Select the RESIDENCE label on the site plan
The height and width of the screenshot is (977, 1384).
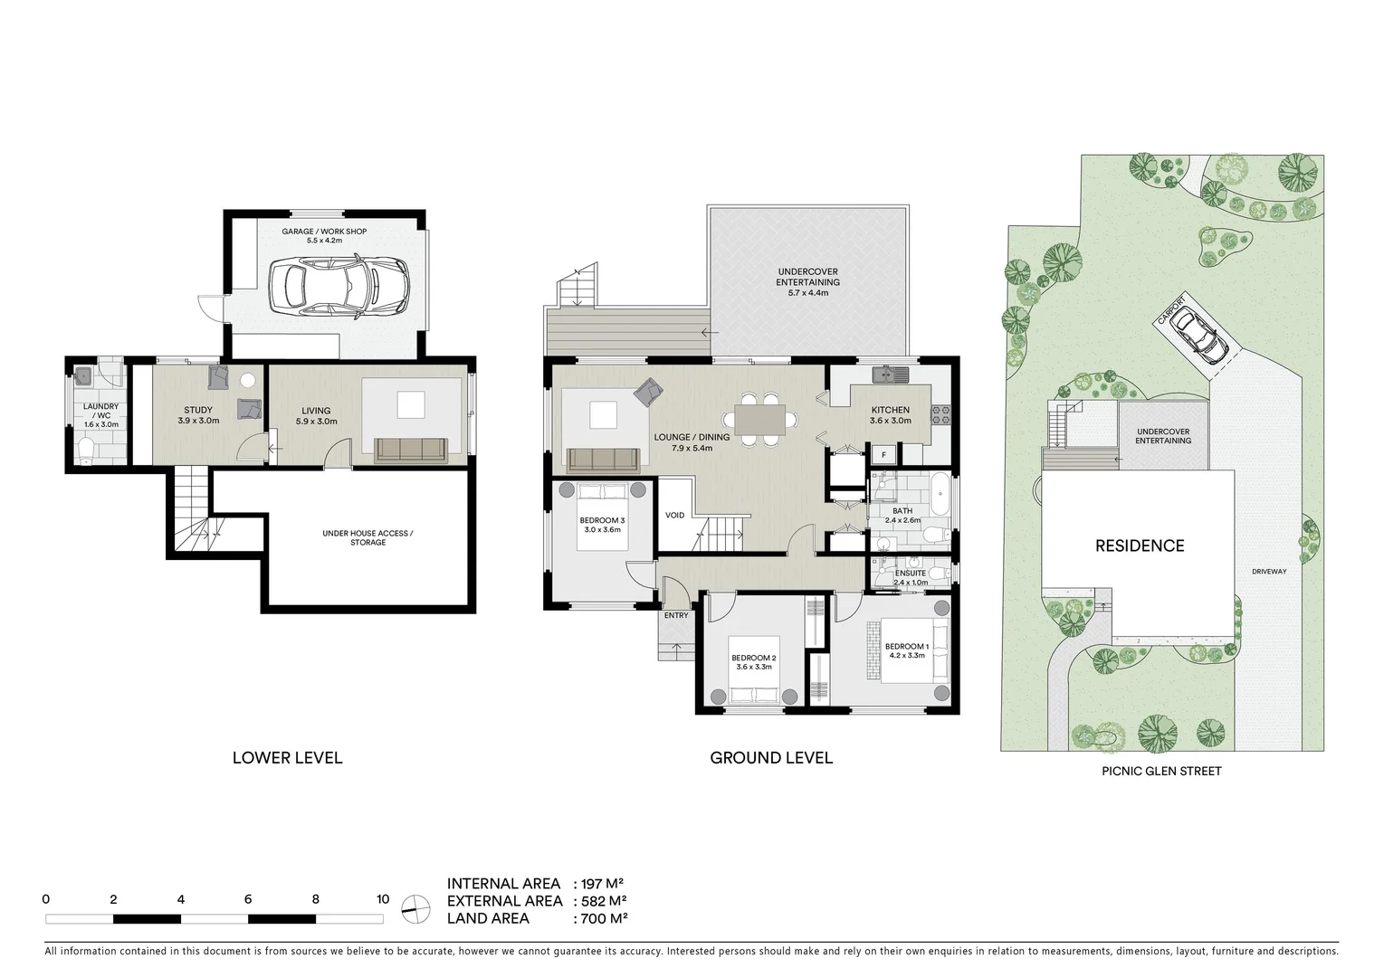click(1139, 545)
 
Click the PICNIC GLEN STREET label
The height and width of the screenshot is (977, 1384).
click(1161, 771)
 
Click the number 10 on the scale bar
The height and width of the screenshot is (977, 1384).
click(382, 899)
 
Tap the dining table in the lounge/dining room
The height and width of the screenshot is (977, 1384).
click(759, 419)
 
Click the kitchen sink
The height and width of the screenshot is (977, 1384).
click(883, 374)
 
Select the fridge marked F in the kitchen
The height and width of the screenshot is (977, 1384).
click(883, 454)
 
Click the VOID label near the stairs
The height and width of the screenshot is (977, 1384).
click(674, 515)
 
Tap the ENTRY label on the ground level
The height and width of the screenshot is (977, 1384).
click(675, 615)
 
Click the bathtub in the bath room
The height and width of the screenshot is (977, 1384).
click(939, 492)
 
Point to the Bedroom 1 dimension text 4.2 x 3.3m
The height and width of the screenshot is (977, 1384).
click(906, 655)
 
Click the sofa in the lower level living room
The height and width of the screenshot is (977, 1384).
click(409, 450)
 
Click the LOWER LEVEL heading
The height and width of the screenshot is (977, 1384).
click(287, 758)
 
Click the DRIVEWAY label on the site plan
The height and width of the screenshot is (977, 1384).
click(1269, 571)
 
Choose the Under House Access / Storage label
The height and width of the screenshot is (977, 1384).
click(367, 537)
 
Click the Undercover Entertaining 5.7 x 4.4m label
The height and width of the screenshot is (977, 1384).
click(807, 276)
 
